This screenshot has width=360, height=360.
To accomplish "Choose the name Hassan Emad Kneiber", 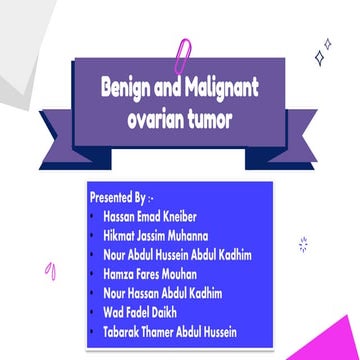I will pos(150,216).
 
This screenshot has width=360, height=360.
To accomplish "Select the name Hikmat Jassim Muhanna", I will pos(156,235).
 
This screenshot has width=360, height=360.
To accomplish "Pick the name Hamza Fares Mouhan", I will pos(148,273).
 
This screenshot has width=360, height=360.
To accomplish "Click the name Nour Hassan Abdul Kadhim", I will pos(162,293).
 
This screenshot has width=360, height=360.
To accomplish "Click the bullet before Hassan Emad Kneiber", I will pos(93,216).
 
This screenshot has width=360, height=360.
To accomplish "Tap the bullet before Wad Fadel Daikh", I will pos(93,311).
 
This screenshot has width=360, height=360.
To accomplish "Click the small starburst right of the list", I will pos(302,243).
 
